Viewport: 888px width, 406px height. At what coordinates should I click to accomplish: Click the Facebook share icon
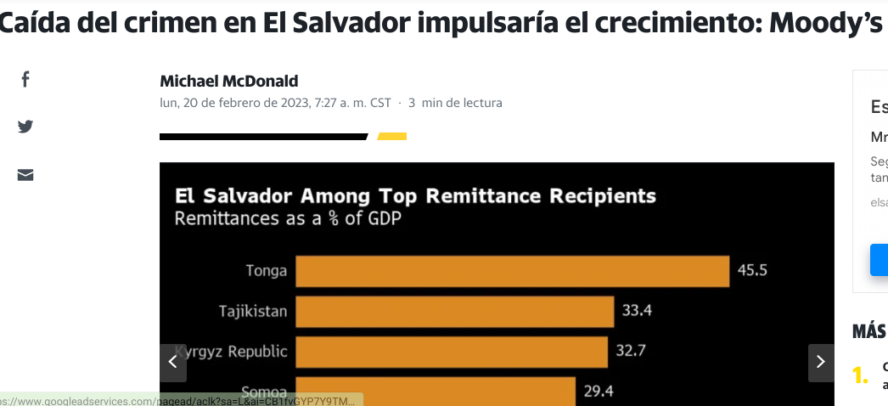[25, 79]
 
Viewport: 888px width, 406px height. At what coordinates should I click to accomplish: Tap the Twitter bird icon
[25, 127]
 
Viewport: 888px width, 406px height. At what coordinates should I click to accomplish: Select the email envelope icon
[25, 175]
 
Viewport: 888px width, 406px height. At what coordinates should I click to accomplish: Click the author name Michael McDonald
[229, 82]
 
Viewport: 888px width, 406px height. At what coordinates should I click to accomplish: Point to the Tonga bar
[512, 272]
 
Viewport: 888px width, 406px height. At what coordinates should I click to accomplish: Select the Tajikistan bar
[454, 312]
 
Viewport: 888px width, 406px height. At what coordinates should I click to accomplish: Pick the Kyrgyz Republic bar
[452, 352]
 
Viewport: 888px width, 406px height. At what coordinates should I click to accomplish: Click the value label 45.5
[752, 271]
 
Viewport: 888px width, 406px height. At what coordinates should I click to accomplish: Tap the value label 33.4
[637, 311]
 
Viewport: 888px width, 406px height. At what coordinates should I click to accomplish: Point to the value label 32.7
[631, 351]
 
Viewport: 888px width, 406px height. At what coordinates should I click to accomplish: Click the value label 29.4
[599, 391]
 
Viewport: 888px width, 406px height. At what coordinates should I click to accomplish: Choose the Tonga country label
[266, 272]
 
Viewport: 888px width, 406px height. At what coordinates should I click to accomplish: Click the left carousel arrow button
[172, 362]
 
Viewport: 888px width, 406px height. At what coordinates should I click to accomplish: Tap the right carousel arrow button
[820, 362]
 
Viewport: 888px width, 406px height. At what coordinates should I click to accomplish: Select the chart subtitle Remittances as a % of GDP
[288, 219]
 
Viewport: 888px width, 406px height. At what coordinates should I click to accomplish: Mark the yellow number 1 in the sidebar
[860, 375]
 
